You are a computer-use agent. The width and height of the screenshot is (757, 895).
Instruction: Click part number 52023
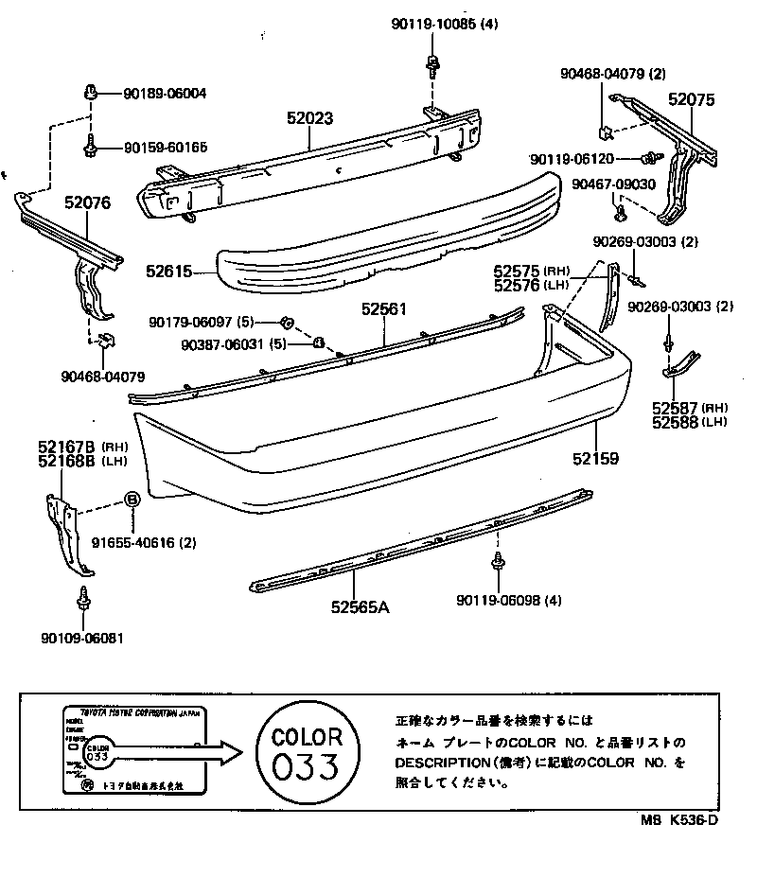310,119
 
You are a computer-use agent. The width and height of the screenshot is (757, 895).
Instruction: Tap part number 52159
595,459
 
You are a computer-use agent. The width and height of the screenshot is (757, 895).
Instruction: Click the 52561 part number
382,308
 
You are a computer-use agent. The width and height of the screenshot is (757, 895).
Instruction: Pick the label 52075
692,98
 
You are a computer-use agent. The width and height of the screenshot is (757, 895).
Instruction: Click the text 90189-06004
165,94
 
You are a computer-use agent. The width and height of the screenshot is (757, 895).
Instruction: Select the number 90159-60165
165,148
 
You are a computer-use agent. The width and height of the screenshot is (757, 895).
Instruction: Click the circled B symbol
132,500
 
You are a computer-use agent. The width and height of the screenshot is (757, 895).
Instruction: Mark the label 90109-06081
82,639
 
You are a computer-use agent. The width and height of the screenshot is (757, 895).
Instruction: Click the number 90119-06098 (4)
508,600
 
